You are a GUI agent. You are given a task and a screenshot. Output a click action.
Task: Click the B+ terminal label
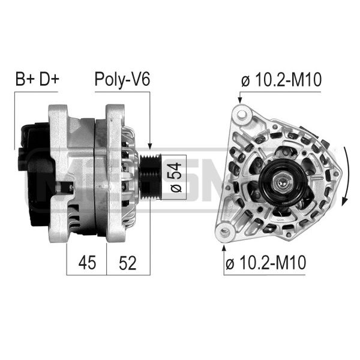point(25,79)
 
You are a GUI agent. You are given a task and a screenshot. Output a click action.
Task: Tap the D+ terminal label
point(49,79)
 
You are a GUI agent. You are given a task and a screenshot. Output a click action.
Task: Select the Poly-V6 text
point(122,80)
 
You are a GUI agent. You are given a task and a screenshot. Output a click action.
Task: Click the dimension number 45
point(87,262)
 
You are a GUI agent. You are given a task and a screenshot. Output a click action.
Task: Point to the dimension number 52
point(128,262)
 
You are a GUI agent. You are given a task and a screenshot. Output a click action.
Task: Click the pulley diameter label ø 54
point(176,177)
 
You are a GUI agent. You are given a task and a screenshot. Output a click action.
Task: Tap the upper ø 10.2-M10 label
point(281,80)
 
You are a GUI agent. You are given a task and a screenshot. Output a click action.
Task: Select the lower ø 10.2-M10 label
point(266,262)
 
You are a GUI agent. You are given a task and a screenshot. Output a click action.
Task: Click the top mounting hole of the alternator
point(242,114)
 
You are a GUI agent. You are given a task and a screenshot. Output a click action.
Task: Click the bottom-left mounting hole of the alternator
point(225,232)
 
